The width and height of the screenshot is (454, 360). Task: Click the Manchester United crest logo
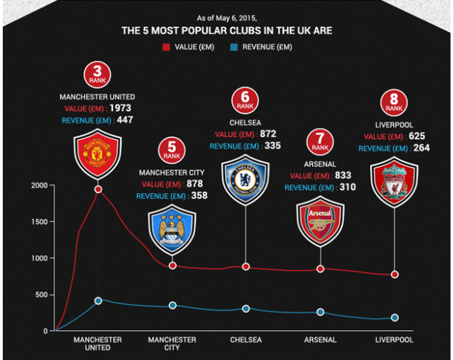[x=97, y=156]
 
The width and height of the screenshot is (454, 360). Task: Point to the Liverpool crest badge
[x=394, y=181]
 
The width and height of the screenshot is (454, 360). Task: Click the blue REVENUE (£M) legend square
[x=234, y=48]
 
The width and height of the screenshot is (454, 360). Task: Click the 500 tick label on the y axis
[x=41, y=295]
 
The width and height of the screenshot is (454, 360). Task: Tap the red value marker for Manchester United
[x=98, y=190]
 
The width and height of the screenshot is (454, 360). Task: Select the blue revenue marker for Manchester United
[x=98, y=300]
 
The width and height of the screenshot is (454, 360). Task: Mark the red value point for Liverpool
[x=394, y=275]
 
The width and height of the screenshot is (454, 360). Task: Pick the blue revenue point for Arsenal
[x=320, y=312]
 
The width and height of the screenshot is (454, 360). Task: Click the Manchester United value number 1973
[x=121, y=108]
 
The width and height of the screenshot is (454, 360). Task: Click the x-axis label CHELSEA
[x=245, y=340]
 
